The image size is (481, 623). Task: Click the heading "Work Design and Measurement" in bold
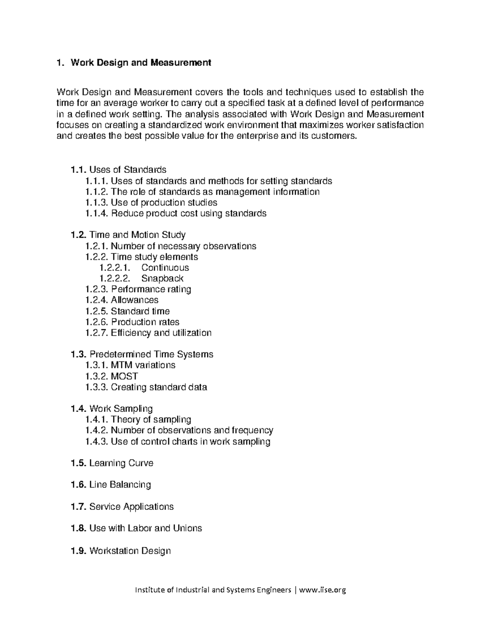[140, 63]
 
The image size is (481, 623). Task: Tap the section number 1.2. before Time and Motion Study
[78, 235]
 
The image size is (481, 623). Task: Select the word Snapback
[162, 278]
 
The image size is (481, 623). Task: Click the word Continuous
[165, 268]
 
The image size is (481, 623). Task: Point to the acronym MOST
[124, 376]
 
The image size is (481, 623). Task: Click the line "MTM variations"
[143, 365]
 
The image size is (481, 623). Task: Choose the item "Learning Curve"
[121, 463]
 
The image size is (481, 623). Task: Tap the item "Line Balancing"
[120, 485]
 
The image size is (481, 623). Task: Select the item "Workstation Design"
[130, 551]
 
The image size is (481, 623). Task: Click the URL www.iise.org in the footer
[322, 590]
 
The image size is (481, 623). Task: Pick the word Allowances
[134, 300]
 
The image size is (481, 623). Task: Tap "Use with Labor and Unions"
[146, 528]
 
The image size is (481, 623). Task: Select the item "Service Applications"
[131, 507]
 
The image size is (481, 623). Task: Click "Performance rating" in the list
[151, 289]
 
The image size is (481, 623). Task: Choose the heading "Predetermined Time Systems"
[151, 354]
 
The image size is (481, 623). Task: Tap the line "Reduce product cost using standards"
[188, 213]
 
